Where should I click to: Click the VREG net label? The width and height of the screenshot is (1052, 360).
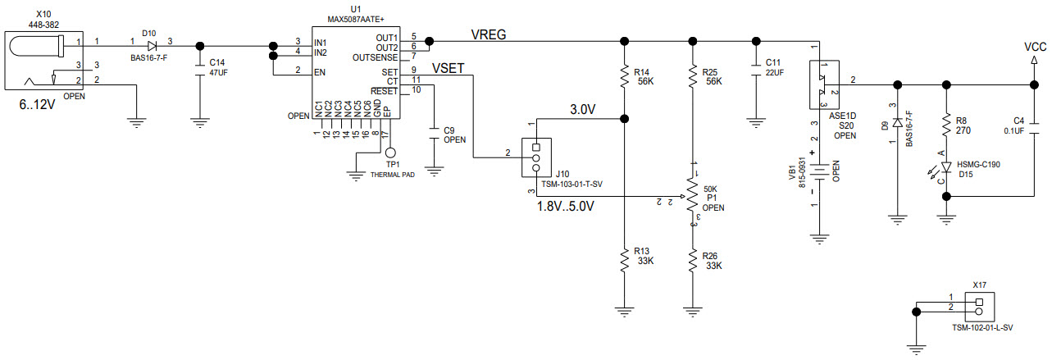coord(489,34)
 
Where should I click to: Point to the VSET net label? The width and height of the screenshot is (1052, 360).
coord(449,69)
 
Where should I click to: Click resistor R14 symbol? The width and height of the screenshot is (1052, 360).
coord(625,78)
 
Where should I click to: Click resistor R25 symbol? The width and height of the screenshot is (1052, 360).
coord(693,78)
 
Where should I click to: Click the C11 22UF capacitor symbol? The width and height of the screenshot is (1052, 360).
coord(755,68)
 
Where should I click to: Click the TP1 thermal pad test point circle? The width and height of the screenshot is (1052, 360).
coord(390,153)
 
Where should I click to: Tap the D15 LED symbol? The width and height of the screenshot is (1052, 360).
coord(948,167)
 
